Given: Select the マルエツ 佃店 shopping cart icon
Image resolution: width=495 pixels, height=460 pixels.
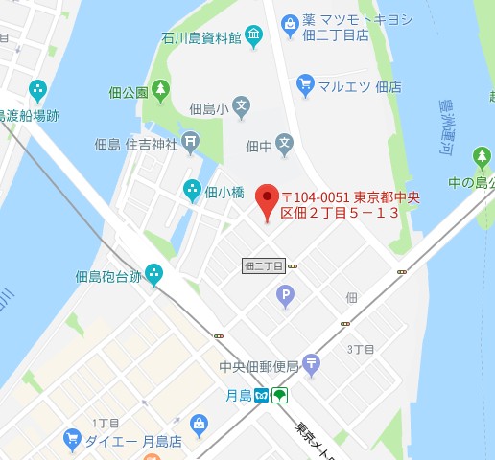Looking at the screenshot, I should click(x=306, y=85).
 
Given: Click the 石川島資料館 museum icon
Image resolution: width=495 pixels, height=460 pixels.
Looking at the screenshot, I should click(x=253, y=38).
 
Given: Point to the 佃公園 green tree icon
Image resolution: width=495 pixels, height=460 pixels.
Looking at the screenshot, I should click(x=160, y=92).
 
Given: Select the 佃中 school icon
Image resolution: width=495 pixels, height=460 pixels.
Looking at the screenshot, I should click(x=284, y=146).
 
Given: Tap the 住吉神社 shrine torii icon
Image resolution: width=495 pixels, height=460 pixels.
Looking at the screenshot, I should click(x=191, y=145).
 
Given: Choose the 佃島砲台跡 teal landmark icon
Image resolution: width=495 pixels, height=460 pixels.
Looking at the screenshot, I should click(x=153, y=276).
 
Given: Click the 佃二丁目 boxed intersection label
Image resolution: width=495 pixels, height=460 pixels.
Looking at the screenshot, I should click(x=264, y=264).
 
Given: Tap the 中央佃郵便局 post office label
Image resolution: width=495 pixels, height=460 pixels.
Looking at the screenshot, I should click(x=259, y=366).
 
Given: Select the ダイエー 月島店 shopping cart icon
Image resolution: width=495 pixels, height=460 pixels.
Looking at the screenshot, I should click(x=71, y=440).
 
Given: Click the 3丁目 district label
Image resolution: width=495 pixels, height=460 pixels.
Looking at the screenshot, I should click(x=360, y=348).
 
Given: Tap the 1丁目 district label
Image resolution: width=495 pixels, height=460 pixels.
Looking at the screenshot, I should click(x=105, y=423).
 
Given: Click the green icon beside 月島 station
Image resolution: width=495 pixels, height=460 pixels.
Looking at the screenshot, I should click(x=279, y=396).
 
